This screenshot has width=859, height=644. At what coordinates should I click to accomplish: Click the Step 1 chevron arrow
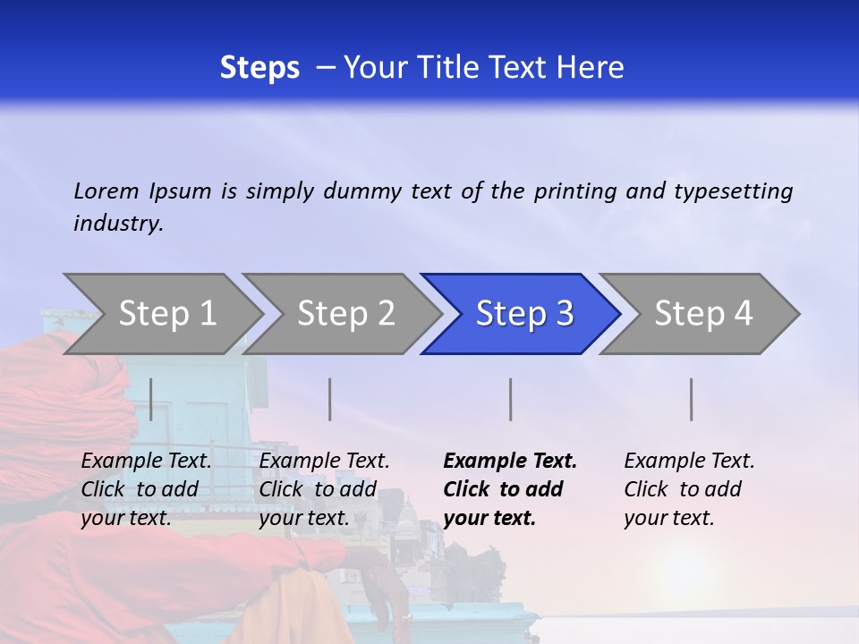tap(166, 314)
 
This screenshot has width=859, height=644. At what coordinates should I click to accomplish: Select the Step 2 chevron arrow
tap(345, 314)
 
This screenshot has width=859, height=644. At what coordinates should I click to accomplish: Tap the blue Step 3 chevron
tap(524, 314)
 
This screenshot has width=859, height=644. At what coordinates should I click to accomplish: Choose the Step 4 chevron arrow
tap(703, 314)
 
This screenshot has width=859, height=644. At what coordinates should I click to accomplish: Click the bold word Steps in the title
tap(259, 67)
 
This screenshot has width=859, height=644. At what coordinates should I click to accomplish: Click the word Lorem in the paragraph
tap(106, 191)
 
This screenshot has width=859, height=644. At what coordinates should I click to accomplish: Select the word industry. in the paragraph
tap(118, 223)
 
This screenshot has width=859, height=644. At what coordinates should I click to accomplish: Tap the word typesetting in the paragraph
tap(733, 191)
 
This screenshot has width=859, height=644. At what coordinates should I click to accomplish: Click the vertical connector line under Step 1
tap(151, 399)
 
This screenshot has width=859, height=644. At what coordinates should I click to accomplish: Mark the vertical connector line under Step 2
tap(330, 399)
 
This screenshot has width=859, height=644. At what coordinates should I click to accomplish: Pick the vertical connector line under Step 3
tap(511, 399)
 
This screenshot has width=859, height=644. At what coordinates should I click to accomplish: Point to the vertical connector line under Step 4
tap(692, 399)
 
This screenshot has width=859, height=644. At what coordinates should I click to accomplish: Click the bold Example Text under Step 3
tap(510, 462)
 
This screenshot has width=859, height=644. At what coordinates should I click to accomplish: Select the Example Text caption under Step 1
tap(146, 462)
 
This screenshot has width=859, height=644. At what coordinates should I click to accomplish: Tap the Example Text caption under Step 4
tap(689, 462)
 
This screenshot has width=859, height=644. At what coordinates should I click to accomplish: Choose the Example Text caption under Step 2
tap(324, 462)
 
